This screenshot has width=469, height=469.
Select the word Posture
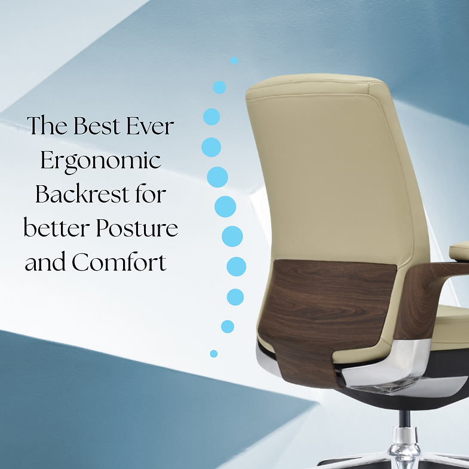point(140,228)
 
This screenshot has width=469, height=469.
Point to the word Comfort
point(119,262)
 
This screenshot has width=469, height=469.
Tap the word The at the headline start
point(47,127)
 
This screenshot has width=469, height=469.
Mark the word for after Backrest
point(149,194)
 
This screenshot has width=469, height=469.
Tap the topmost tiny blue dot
point(234,60)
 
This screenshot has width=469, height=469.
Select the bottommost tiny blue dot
point(214,354)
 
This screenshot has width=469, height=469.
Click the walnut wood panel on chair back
point(323,305)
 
